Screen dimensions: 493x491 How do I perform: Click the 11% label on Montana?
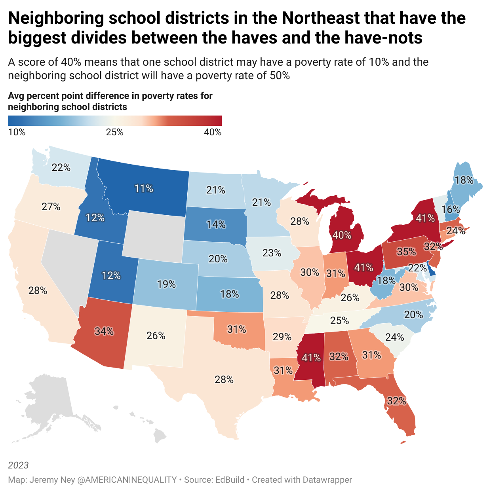click(144, 188)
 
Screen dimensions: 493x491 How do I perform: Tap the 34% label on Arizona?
click(104, 331)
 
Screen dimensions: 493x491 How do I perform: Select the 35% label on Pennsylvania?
click(406, 252)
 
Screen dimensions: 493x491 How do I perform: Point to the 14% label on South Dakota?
click(216, 225)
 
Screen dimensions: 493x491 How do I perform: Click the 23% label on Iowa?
click(272, 252)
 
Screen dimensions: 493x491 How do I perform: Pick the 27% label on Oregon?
click(51, 207)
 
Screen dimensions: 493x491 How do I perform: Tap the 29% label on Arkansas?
click(282, 337)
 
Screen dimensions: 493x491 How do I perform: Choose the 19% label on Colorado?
click(166, 284)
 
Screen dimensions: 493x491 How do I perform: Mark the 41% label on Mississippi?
click(311, 358)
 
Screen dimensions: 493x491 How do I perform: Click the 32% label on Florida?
click(396, 401)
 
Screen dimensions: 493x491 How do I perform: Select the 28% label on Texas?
click(224, 379)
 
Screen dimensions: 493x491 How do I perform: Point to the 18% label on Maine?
click(464, 180)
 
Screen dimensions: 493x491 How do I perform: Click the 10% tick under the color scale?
click(17, 132)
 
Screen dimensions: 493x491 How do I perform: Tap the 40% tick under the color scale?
click(213, 132)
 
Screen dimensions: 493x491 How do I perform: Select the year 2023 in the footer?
click(18, 465)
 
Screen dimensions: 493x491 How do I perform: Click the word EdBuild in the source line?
click(230, 480)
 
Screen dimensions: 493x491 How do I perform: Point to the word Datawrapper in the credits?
click(327, 480)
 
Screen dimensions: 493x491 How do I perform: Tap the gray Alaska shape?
click(51, 400)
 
